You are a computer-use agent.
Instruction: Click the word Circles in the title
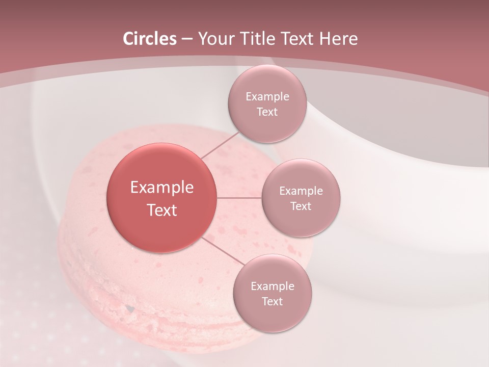(149, 39)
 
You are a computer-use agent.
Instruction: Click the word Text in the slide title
(297, 39)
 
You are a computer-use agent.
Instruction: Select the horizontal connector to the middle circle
(239, 198)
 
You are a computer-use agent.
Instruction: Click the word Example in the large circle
(162, 188)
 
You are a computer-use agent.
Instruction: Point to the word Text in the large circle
(162, 210)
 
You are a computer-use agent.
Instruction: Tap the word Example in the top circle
(267, 97)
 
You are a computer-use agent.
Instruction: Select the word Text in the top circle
(267, 112)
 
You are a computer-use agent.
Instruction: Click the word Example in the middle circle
(301, 191)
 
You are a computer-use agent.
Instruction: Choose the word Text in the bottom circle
(272, 302)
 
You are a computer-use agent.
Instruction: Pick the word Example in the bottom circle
(272, 286)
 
